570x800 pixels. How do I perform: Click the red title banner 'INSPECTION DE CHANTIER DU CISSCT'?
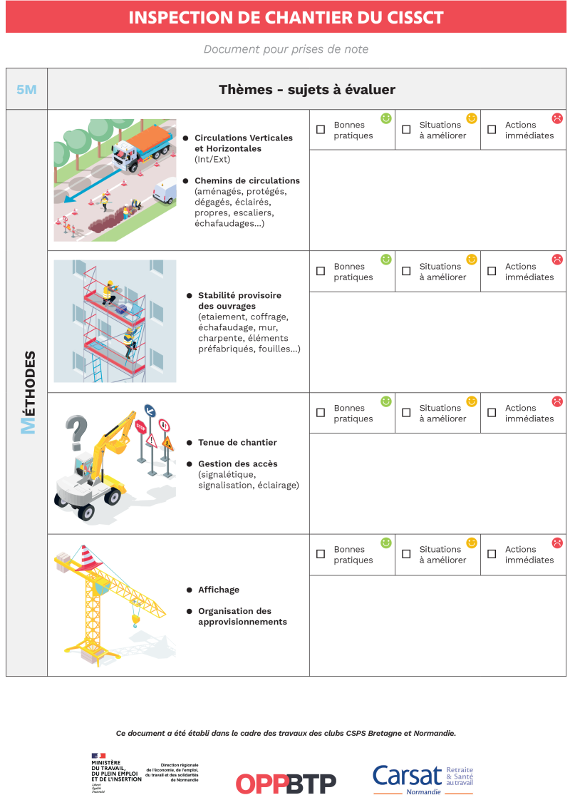click(x=286, y=17)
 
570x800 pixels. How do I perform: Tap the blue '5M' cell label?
click(x=26, y=90)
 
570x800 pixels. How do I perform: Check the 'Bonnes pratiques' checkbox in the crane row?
click(x=321, y=554)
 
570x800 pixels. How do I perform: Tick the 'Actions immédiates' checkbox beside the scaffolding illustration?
click(x=492, y=271)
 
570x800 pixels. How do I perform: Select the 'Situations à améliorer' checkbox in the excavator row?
click(x=406, y=413)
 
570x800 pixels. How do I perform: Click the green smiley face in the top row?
click(x=386, y=118)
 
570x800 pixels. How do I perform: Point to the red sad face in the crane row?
click(x=557, y=543)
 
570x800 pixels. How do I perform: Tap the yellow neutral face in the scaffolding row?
click(x=472, y=260)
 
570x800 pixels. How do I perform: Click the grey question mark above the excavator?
click(x=76, y=431)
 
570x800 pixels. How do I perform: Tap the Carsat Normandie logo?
click(x=423, y=779)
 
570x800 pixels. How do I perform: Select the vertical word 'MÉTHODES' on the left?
click(x=27, y=392)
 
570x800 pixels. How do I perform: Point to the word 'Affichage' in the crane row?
click(x=219, y=590)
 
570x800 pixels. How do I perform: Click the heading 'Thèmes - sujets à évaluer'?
click(x=306, y=90)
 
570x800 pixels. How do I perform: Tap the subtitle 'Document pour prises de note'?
click(x=286, y=49)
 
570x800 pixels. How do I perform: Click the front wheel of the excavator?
click(x=86, y=511)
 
